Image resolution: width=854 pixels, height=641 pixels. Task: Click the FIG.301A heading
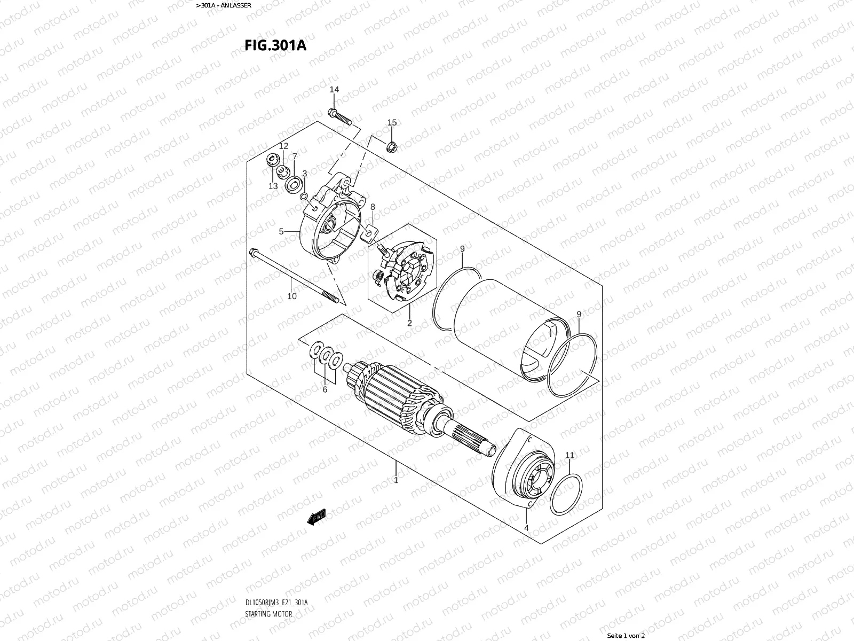click(x=275, y=45)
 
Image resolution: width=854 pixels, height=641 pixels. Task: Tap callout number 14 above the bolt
click(x=334, y=89)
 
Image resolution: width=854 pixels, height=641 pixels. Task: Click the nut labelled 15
click(x=390, y=144)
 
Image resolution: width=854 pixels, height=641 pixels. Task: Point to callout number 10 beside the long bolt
click(x=292, y=296)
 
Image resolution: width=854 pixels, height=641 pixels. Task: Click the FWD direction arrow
click(x=317, y=517)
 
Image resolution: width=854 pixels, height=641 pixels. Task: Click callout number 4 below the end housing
click(x=526, y=528)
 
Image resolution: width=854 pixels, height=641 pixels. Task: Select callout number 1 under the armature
click(x=396, y=480)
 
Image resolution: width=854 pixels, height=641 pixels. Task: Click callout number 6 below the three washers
click(x=325, y=389)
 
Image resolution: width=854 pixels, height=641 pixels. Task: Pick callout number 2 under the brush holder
click(x=409, y=323)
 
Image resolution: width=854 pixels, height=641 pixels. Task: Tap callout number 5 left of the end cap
click(x=281, y=231)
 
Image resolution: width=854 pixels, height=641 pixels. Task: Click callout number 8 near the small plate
click(x=373, y=207)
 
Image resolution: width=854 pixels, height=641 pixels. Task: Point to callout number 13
click(x=273, y=186)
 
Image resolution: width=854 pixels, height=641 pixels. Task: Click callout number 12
click(x=283, y=146)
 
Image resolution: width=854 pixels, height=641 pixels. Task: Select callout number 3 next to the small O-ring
click(x=305, y=173)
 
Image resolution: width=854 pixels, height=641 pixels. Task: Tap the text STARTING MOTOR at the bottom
click(x=268, y=613)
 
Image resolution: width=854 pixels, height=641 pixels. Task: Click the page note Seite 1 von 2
click(x=626, y=636)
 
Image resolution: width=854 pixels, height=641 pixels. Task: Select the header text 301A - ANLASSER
click(x=225, y=5)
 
